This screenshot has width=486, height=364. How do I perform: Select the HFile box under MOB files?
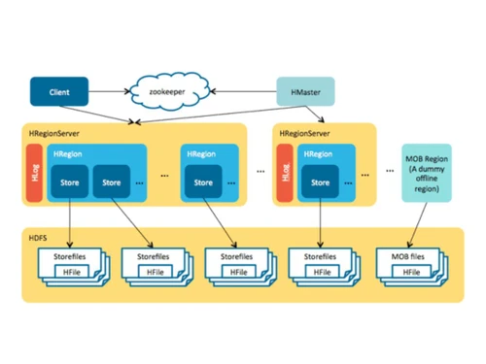point(408,272)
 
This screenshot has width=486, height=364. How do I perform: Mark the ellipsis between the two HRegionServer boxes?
point(260,174)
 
